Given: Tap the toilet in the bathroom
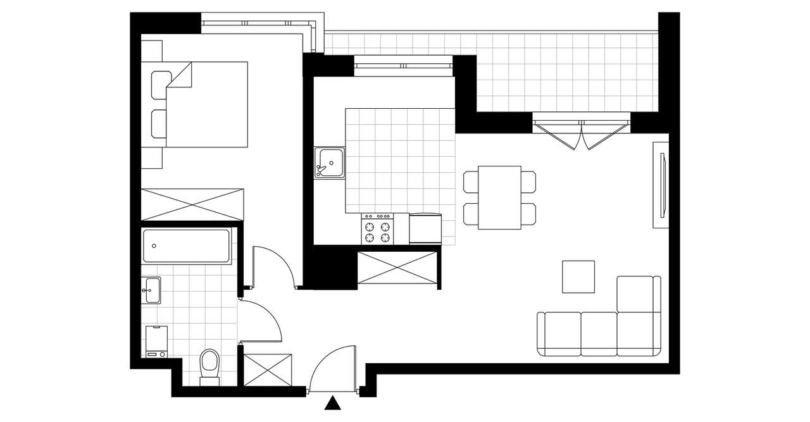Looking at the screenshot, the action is pos(209,366).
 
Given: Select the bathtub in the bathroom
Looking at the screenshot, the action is pos(186,246).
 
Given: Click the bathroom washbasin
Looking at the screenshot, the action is pos(151,290).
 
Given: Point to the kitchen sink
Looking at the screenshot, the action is pos(330,163).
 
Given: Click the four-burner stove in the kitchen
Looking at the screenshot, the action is pos(377,228).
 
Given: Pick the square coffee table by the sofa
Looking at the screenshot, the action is pos(578,276).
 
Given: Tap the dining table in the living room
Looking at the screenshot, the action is pos(499,197).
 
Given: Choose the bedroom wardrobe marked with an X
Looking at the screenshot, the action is pos(192,204).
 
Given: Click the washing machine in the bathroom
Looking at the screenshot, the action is pos(157,342).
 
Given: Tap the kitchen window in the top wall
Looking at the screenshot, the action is pos(404,65).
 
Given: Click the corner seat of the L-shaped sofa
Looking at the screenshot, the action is pos(635,332).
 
